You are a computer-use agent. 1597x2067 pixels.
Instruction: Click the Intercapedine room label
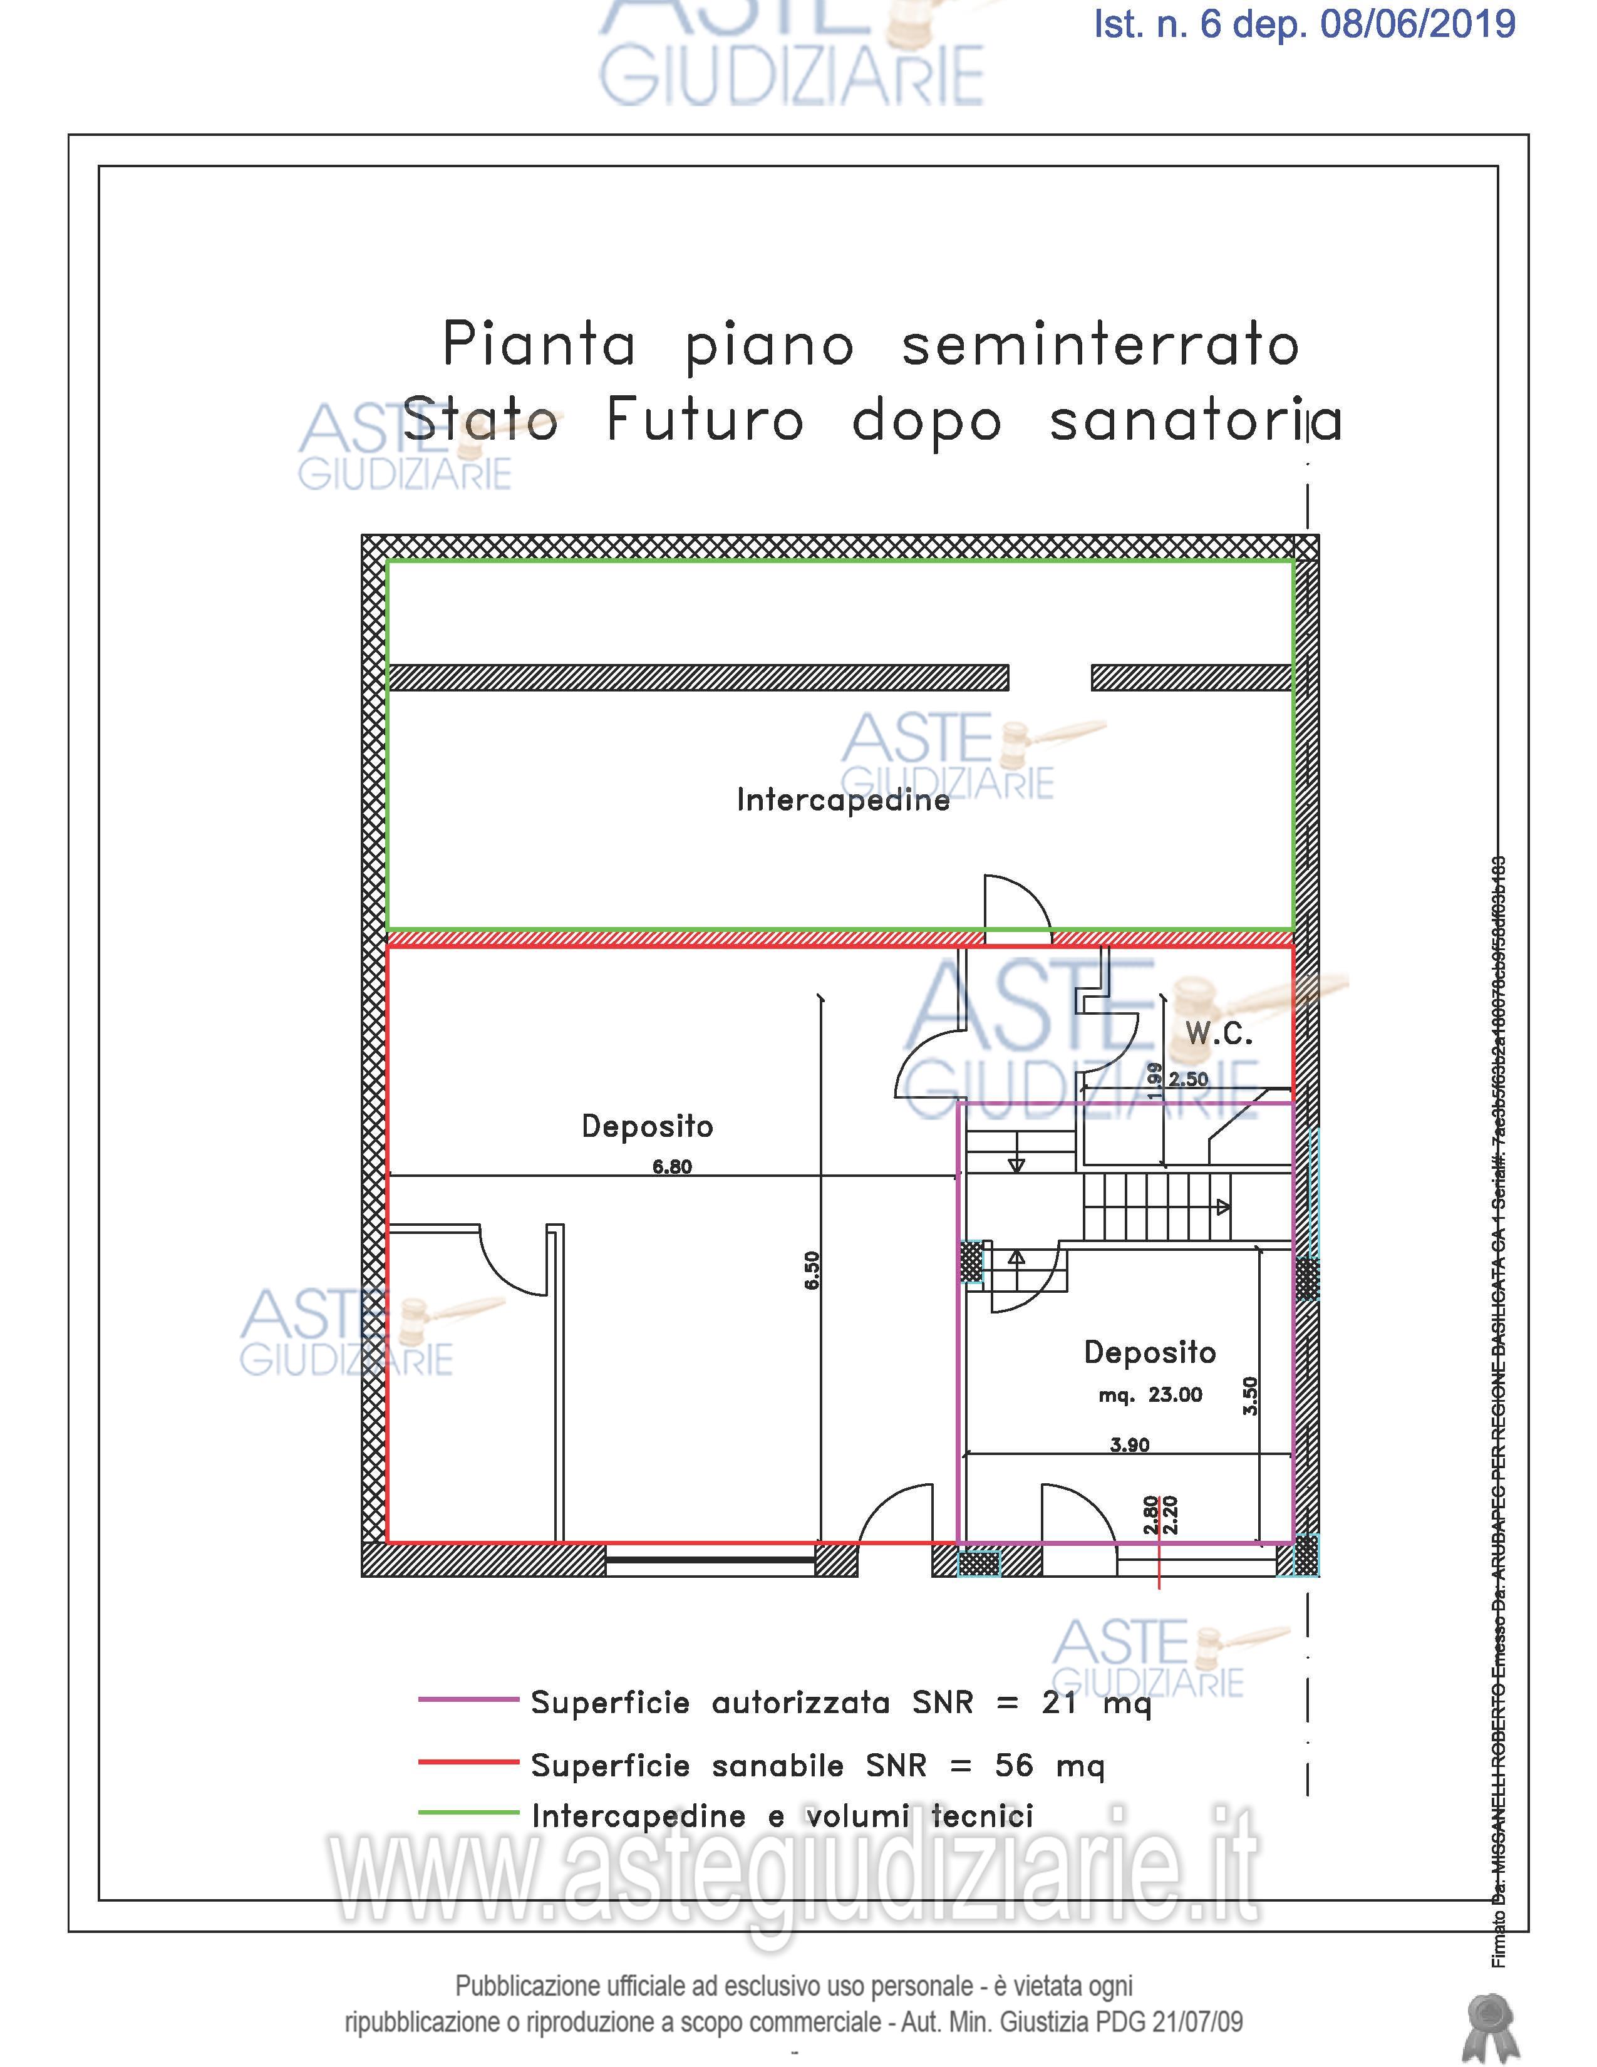click(x=842, y=800)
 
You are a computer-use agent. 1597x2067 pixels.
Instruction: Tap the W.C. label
click(x=1219, y=1035)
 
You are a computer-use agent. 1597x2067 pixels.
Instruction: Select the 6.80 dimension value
click(x=672, y=1167)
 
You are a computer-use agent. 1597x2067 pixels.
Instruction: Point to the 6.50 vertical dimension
click(x=812, y=1270)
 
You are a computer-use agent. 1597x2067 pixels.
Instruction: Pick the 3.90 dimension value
click(x=1130, y=1445)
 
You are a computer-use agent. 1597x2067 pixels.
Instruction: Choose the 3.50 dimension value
click(x=1250, y=1396)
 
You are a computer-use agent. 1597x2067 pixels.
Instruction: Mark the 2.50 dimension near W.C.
click(x=1188, y=1079)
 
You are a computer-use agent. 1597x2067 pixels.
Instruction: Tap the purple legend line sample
click(x=468, y=1700)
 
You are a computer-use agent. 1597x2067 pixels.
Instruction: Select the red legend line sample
click(x=468, y=1762)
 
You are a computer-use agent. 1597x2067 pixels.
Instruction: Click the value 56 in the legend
click(x=1013, y=1765)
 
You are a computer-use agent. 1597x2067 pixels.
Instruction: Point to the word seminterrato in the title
click(x=1099, y=346)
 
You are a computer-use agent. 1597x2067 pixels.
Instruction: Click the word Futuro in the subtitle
click(x=705, y=420)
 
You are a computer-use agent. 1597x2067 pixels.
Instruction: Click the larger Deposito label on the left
click(x=647, y=1126)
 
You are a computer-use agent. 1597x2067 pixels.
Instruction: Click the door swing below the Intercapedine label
click(x=1017, y=904)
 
